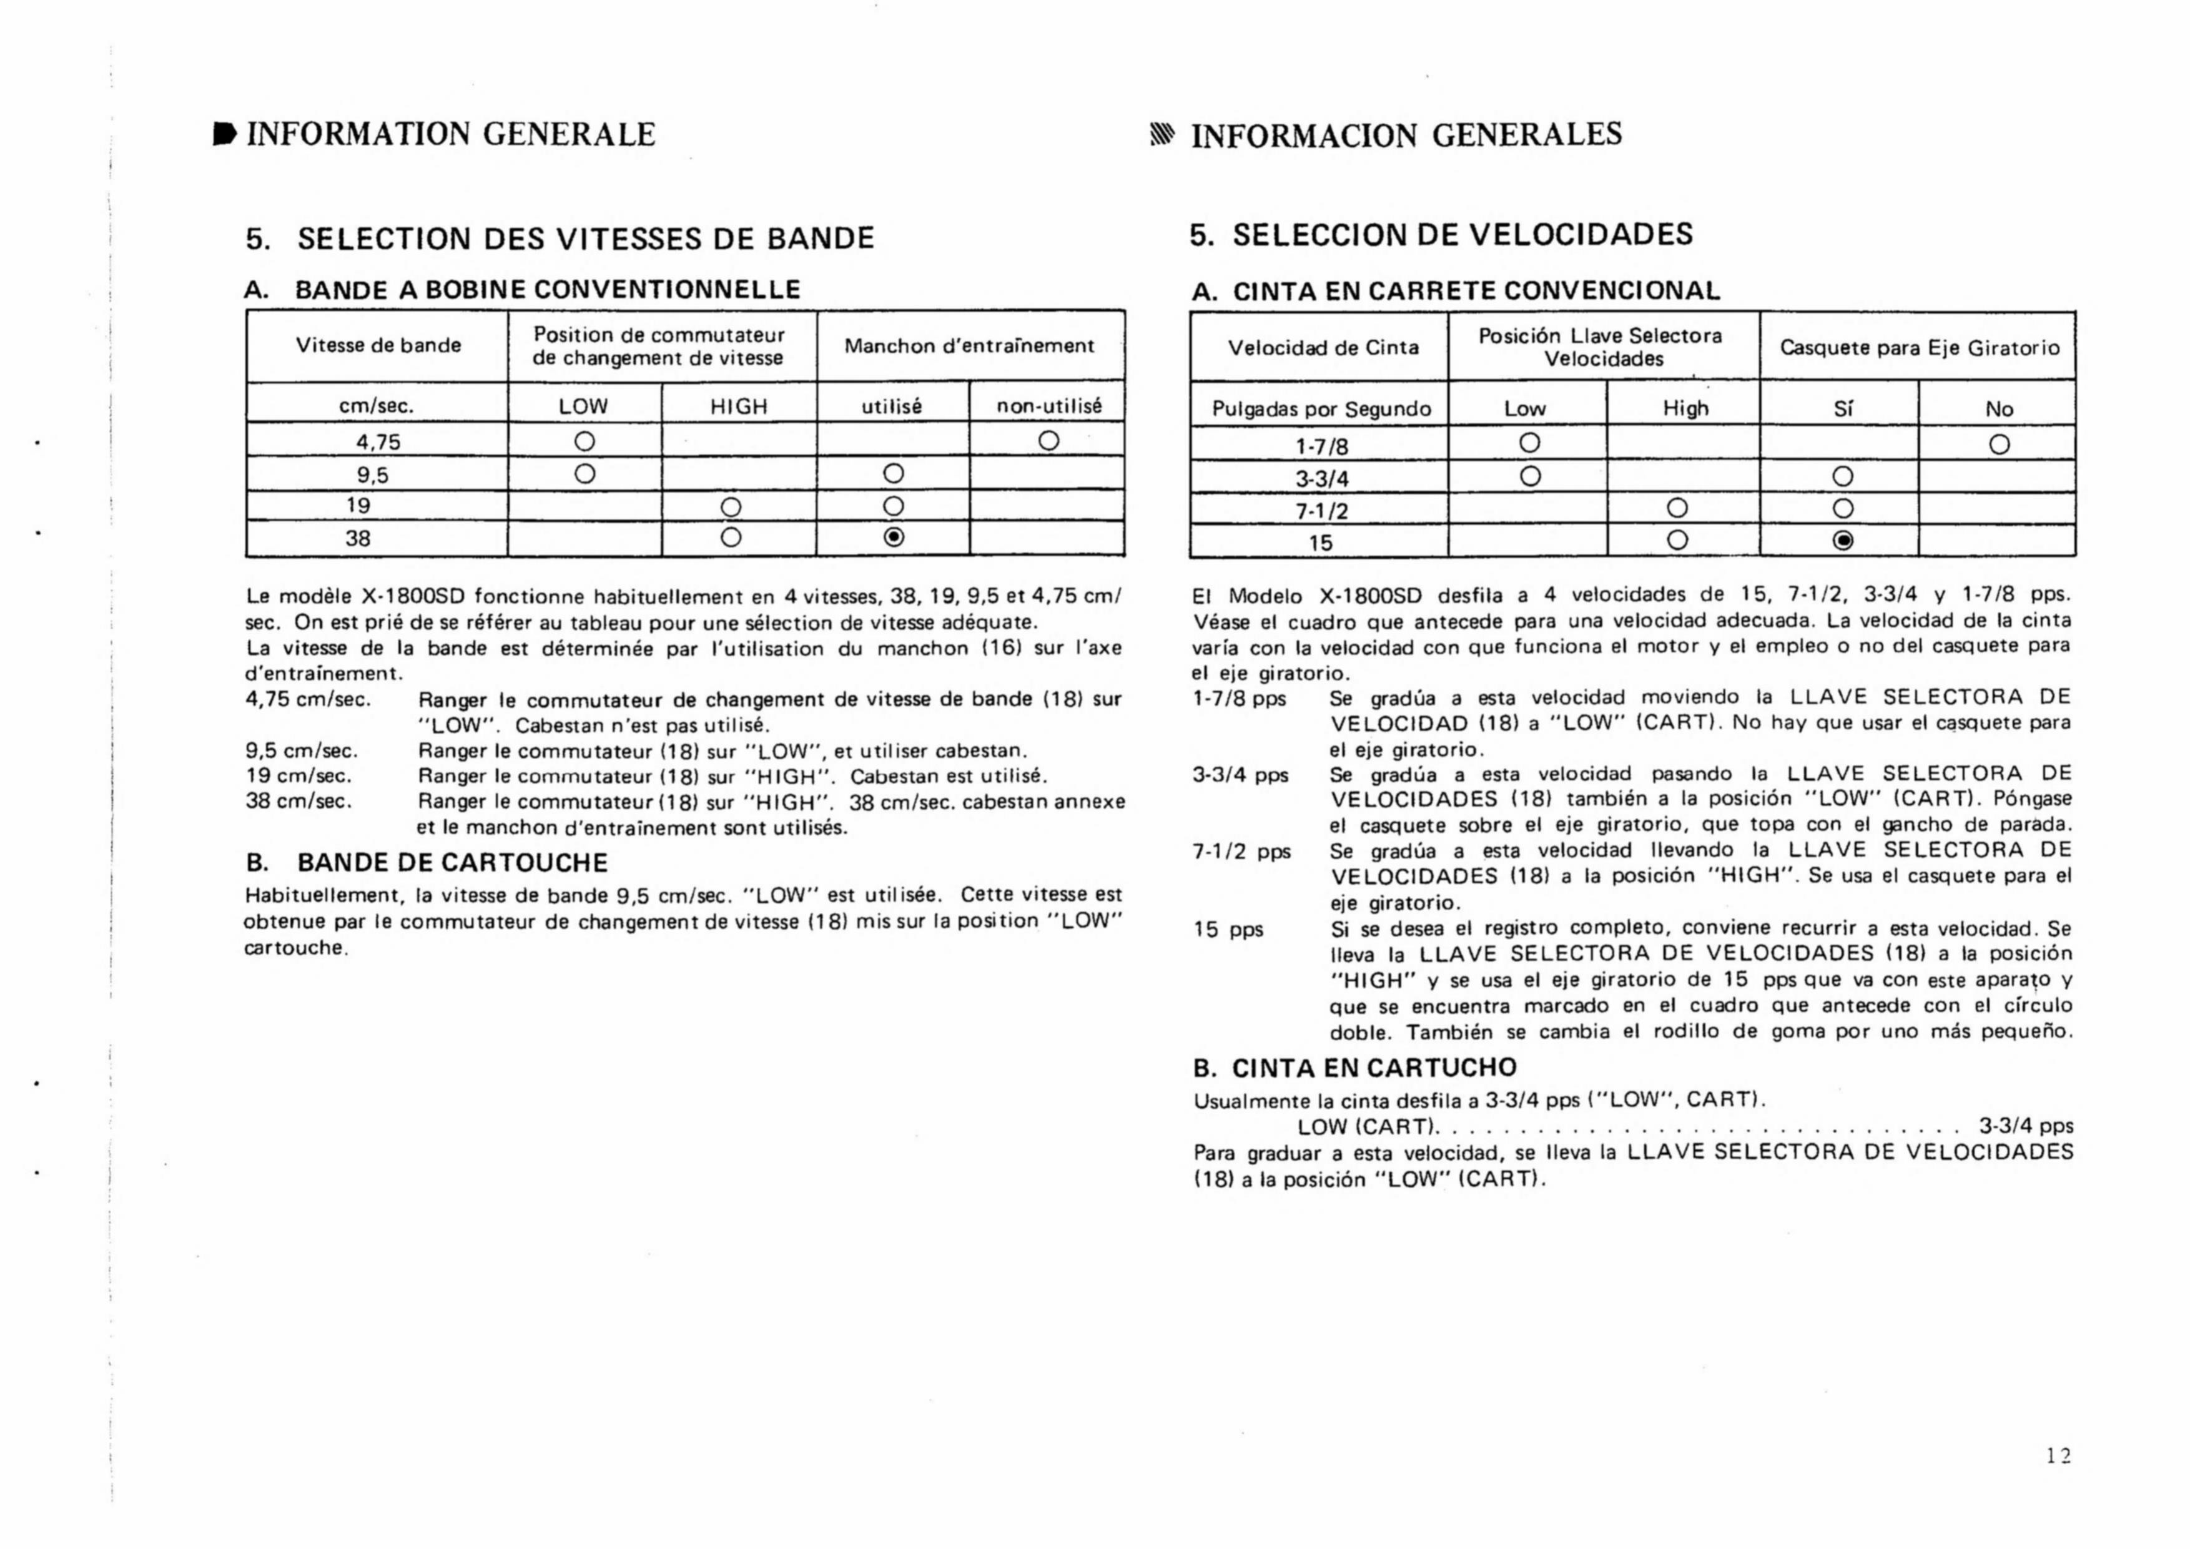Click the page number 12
(x=2058, y=1455)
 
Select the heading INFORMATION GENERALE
(x=450, y=134)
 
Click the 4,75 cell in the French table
(x=378, y=441)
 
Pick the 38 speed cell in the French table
(x=358, y=538)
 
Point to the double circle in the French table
(x=893, y=538)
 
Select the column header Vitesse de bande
(x=378, y=345)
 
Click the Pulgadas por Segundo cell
(x=1321, y=409)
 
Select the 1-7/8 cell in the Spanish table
(x=1321, y=445)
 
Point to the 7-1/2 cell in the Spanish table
(x=1321, y=510)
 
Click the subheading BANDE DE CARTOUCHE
(x=452, y=862)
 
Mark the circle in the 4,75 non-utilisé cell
(x=1048, y=441)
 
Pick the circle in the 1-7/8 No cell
(x=2000, y=445)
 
